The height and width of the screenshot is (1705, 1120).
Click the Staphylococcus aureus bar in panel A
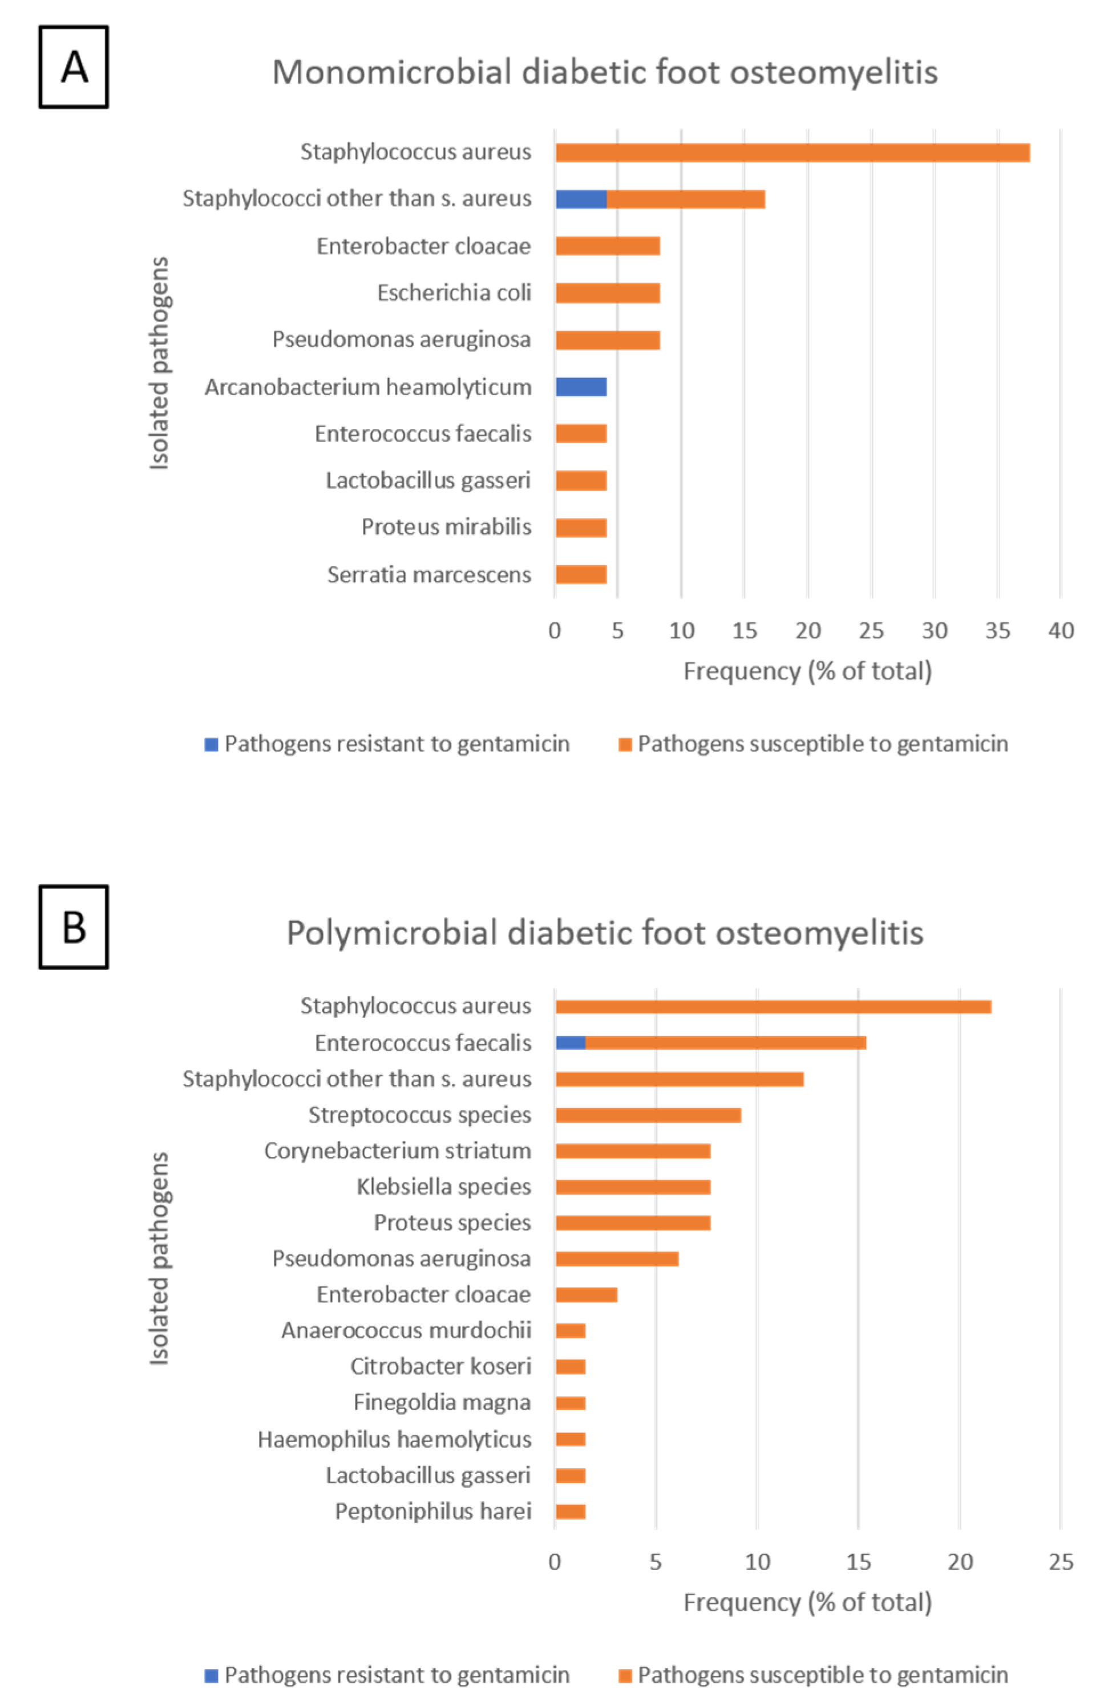[792, 153]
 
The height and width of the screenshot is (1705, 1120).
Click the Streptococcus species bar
[648, 1115]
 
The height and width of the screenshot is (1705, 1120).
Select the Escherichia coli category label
[454, 293]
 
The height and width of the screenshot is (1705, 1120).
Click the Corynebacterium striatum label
[398, 1151]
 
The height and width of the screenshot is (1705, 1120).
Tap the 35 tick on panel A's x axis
[997, 631]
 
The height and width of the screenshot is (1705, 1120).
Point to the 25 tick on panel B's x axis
[1061, 1562]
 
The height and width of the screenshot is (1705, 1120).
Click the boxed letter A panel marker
[74, 67]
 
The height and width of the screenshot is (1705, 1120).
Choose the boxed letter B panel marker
[74, 927]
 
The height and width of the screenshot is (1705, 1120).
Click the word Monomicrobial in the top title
[391, 72]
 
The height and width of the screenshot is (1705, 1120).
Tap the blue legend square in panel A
[211, 744]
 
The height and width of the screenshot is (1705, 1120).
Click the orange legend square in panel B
[625, 1675]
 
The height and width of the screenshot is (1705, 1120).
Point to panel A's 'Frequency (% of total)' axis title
[807, 671]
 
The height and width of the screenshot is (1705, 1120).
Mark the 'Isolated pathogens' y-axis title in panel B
[159, 1258]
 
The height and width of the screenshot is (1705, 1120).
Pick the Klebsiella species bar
[633, 1187]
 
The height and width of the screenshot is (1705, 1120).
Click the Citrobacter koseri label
[440, 1366]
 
